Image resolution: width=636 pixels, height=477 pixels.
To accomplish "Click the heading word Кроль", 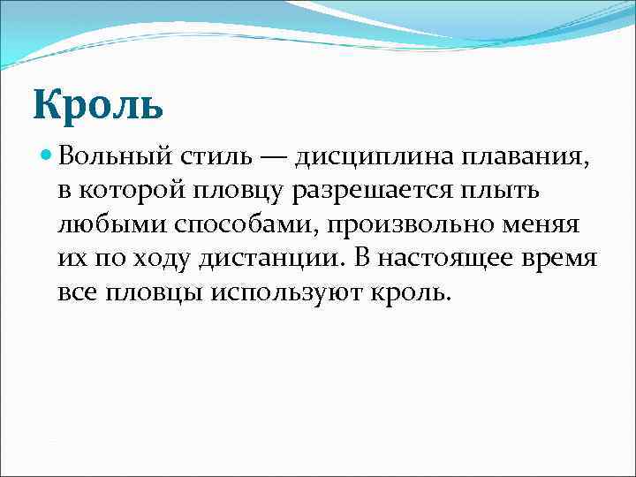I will coord(99,103).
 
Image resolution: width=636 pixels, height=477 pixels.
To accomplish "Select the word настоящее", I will coord(445,258).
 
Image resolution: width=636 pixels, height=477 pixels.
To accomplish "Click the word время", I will coord(564,258).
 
